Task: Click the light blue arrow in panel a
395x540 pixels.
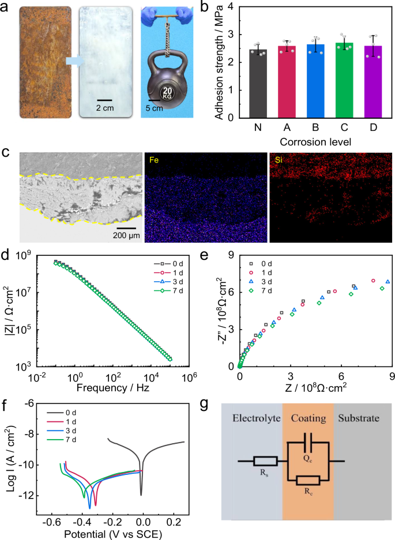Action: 76,59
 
